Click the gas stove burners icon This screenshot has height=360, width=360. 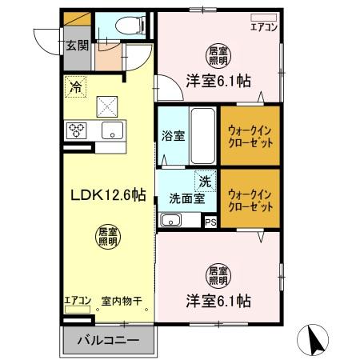coord(77,130)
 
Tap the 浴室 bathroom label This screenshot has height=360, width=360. coord(174,134)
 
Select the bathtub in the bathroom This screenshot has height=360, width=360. coord(202,134)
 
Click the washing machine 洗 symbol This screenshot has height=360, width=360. coord(206,182)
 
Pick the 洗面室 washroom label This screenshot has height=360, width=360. coord(183,199)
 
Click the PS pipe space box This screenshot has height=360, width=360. coord(210,222)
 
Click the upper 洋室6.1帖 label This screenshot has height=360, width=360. coord(219,80)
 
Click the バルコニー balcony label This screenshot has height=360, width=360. coord(108,340)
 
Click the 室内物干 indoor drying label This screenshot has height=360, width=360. coord(121,302)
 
